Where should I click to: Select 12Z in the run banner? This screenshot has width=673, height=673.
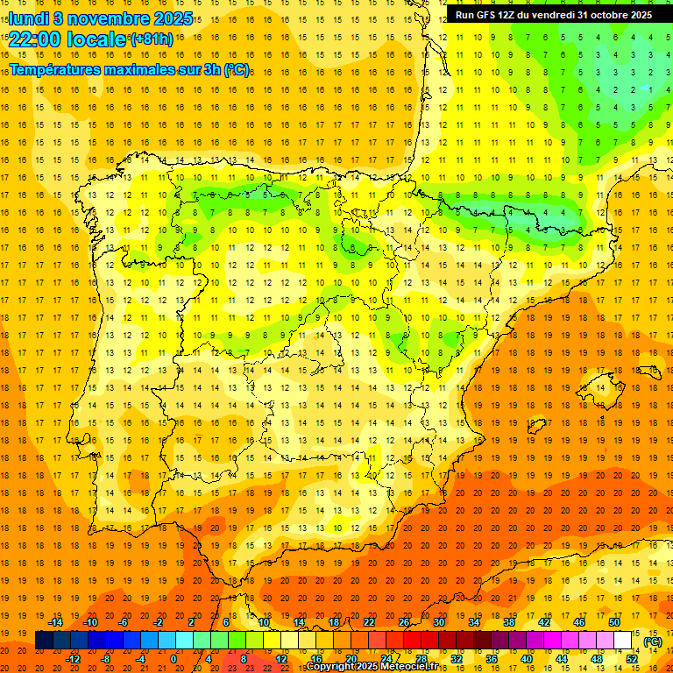(x=507, y=15)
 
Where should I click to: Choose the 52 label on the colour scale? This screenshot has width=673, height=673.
(x=632, y=659)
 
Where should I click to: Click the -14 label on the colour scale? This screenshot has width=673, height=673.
(x=55, y=622)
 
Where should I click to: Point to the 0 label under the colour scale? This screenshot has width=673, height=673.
(x=174, y=659)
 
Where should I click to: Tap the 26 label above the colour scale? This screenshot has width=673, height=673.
(x=404, y=622)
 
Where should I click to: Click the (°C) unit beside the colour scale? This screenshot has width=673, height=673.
(x=653, y=641)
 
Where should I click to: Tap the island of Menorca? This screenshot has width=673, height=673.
(x=648, y=372)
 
